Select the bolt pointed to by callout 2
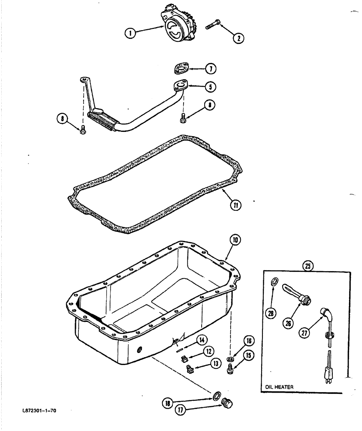(x=213, y=24)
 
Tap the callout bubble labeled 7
(x=210, y=69)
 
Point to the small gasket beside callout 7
(x=182, y=68)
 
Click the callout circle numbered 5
(x=210, y=87)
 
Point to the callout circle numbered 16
(x=249, y=341)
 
